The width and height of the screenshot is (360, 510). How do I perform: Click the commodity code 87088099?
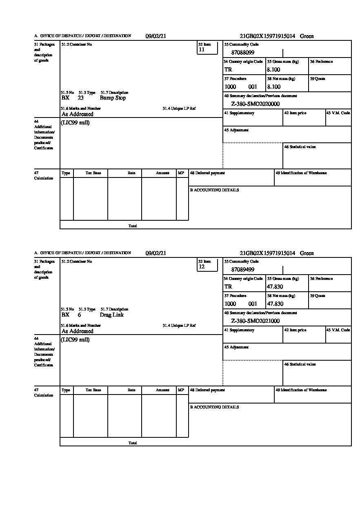[x=242, y=53]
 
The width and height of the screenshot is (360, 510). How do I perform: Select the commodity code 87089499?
[x=242, y=270]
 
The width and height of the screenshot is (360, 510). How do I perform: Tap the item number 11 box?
[x=207, y=48]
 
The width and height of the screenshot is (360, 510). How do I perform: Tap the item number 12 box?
[x=207, y=265]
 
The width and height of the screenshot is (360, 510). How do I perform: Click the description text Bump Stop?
[x=113, y=98]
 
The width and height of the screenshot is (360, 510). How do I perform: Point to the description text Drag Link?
[x=111, y=315]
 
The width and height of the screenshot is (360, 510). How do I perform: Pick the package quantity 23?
[x=80, y=98]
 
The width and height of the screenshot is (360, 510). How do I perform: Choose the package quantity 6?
[x=79, y=315]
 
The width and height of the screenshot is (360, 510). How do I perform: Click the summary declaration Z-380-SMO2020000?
[x=255, y=104]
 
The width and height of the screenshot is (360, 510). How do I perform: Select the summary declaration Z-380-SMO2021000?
[x=255, y=321]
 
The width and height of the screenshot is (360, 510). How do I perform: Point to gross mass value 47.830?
[x=275, y=287]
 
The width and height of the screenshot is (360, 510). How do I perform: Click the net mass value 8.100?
[x=273, y=87]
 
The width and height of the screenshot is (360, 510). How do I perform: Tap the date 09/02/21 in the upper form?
[x=156, y=36]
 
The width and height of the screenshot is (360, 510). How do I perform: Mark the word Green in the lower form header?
[x=307, y=253]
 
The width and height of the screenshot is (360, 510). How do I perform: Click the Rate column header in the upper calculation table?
[x=131, y=173]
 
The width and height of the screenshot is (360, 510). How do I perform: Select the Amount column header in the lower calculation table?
[x=162, y=390]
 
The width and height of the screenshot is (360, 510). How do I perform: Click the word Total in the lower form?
[x=133, y=443]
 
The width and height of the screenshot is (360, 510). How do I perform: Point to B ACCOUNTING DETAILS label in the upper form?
[x=214, y=190]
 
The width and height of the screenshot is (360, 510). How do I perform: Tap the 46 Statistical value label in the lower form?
[x=300, y=364]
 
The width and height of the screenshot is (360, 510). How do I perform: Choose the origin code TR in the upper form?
[x=228, y=70]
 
